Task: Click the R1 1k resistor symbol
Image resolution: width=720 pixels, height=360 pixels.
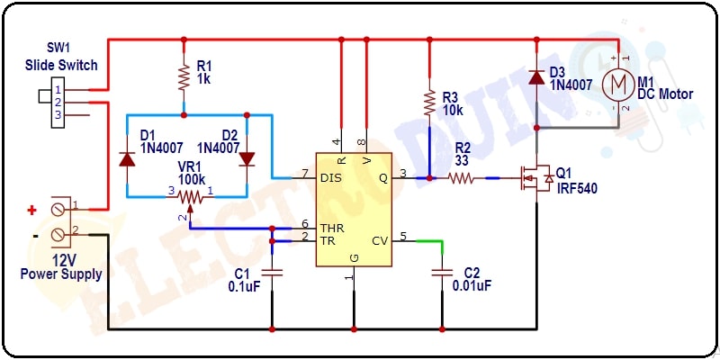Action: [x=184, y=77]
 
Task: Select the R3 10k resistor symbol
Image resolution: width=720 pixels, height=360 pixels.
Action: [x=429, y=103]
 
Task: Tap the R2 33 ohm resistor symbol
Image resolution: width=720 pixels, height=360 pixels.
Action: [x=462, y=178]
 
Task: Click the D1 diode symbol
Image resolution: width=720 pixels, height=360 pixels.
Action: [x=127, y=159]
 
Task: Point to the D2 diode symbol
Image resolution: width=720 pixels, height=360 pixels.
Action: [x=247, y=159]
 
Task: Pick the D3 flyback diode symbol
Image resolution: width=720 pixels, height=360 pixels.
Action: [x=535, y=76]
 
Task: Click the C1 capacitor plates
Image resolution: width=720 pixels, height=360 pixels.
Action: [x=272, y=273]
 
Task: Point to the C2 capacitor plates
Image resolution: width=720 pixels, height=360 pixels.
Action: [x=442, y=273]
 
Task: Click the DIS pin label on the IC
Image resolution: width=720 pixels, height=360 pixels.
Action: [x=331, y=178]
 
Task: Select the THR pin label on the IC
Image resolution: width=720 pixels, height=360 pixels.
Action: [x=333, y=228]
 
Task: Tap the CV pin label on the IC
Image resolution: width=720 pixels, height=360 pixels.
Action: [x=380, y=240]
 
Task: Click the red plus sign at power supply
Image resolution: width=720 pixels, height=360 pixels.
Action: [x=31, y=211]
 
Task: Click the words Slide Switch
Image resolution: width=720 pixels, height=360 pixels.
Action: [x=61, y=65]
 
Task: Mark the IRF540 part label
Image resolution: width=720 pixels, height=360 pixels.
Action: [x=577, y=188]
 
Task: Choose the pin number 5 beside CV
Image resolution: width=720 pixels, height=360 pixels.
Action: [x=403, y=237]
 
